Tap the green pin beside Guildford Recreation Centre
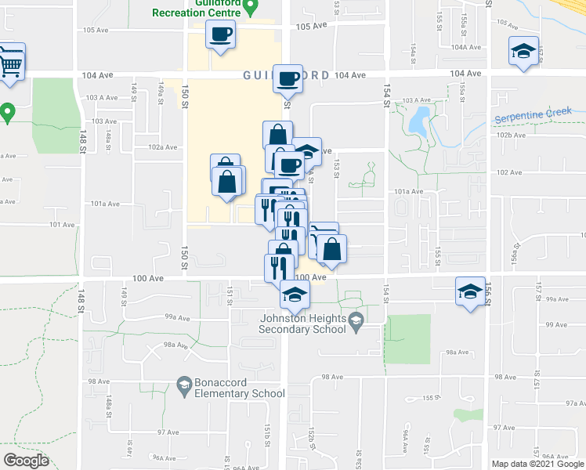pos(251,8)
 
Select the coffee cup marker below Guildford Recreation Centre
pos(220,34)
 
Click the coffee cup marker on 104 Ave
pos(288,79)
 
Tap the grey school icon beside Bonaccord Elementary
pos(183,384)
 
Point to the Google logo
pos(26,461)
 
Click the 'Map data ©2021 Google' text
pos(537,464)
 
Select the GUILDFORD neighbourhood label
pos(285,75)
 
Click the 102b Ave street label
pos(508,135)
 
